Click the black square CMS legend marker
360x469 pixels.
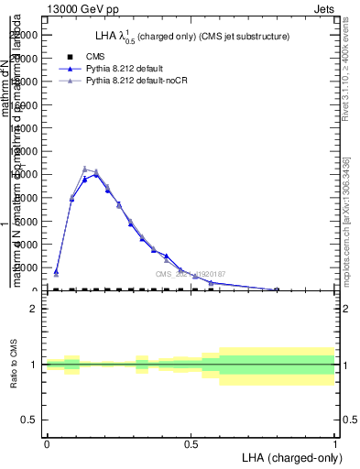[70, 57]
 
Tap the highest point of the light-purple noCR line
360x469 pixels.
[84, 169]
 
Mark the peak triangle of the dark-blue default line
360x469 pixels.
[96, 174]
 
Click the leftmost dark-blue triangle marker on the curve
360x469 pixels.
[56, 271]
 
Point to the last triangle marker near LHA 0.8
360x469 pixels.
[277, 289]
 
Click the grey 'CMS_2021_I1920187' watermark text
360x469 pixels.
[190, 274]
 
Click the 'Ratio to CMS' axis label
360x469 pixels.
[14, 365]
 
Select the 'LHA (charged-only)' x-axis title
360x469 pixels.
[289, 456]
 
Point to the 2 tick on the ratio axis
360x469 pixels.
[32, 309]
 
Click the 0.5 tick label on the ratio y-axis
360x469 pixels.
[28, 420]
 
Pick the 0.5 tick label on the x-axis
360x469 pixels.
[191, 442]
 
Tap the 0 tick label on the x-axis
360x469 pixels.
[47, 442]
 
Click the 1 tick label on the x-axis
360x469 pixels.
[335, 442]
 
